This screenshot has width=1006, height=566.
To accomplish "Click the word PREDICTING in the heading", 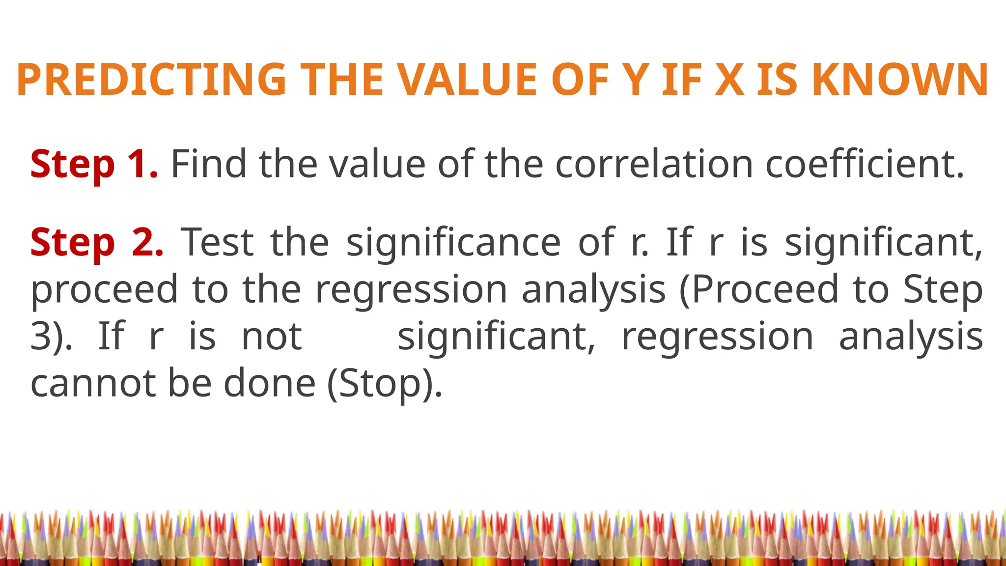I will (x=151, y=80).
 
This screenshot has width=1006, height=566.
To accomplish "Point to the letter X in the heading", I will (x=729, y=80).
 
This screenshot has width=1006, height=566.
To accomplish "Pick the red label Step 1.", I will (x=94, y=164).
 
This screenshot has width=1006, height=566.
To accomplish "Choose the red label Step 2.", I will (x=97, y=242).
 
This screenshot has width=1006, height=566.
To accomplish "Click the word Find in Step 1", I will (x=208, y=164).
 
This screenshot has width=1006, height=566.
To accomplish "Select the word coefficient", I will (x=865, y=164).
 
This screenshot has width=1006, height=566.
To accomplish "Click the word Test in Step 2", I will (x=218, y=242).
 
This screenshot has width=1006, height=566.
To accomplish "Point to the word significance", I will (x=453, y=242).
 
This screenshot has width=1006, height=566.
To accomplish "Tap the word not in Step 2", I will (x=272, y=337).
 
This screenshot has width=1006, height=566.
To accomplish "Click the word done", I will (x=270, y=384).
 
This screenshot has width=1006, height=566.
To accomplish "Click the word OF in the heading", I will (x=580, y=80).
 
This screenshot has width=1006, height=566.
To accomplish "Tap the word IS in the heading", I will (x=777, y=80).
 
